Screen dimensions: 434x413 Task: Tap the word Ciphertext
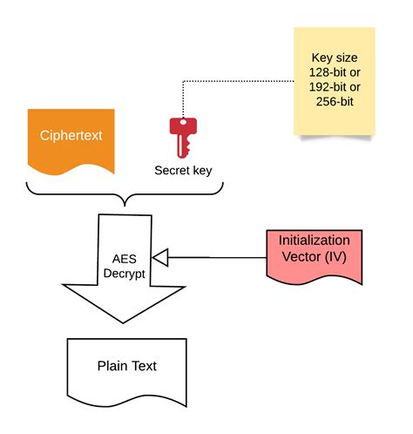[71, 136]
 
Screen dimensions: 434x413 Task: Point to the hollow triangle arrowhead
[159, 257]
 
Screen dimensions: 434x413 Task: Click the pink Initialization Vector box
[314, 254]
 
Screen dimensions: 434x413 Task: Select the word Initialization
[314, 241]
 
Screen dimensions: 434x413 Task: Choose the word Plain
[112, 366]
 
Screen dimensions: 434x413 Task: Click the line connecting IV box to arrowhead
[218, 257]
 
